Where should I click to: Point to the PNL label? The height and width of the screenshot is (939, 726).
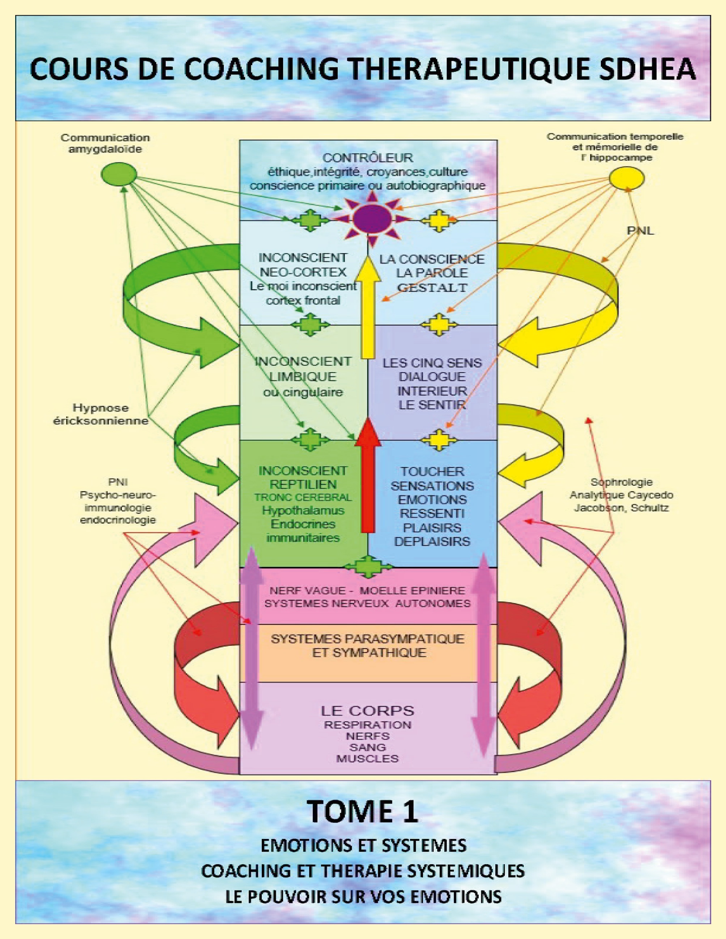pos(640,231)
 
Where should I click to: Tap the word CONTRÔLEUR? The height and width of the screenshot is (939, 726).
pos(368,158)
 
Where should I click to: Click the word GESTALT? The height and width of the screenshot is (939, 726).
pos(432,287)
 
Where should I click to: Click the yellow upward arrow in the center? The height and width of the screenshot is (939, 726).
pos(368,308)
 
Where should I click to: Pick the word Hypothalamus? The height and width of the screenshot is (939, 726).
pos(303,510)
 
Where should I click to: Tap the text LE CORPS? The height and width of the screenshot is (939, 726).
pos(367,711)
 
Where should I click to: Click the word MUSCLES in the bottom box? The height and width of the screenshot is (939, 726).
pos(367,758)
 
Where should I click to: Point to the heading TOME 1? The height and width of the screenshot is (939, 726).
pos(363,812)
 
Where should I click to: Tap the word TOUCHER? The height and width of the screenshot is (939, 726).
pos(432,471)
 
